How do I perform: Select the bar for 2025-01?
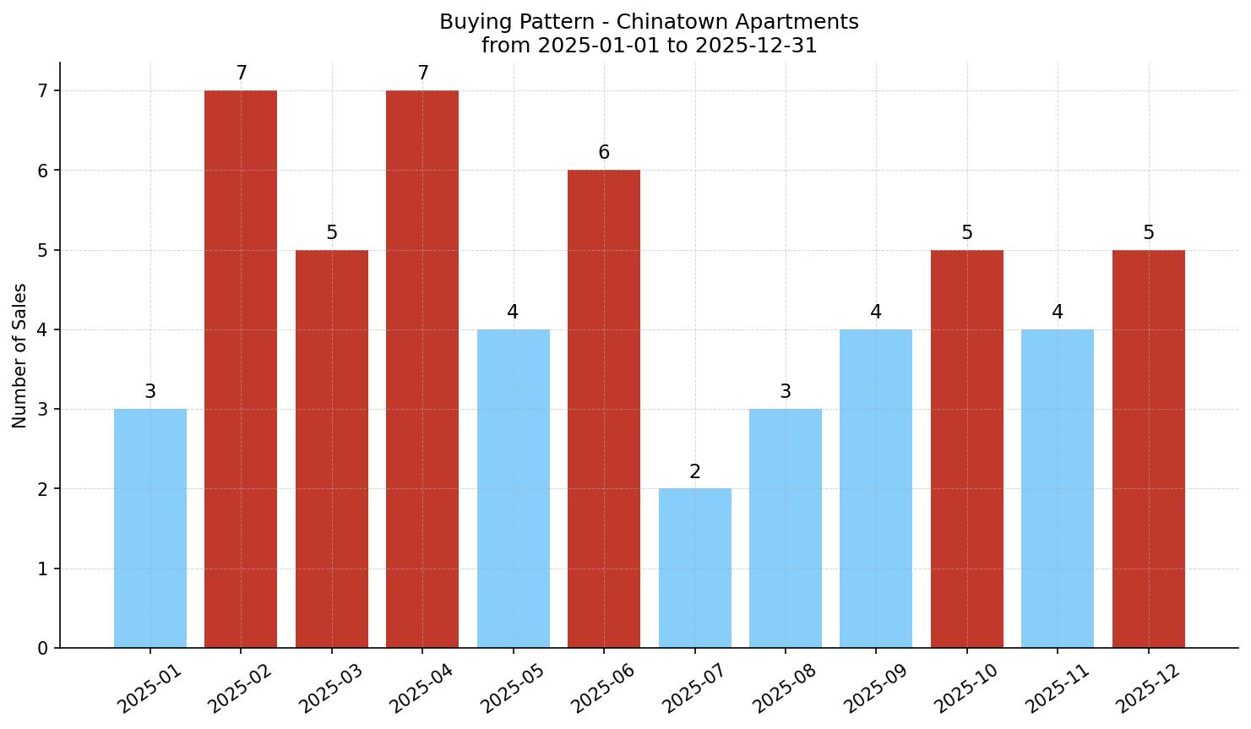click(150, 528)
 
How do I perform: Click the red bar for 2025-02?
click(241, 369)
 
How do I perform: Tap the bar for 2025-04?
click(422, 369)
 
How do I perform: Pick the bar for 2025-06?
click(604, 409)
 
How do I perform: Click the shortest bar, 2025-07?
click(694, 568)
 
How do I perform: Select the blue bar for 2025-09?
click(876, 488)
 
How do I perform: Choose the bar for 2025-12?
click(1148, 449)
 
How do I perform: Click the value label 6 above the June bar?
click(604, 153)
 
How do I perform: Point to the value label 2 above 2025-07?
click(694, 472)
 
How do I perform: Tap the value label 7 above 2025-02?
click(241, 73)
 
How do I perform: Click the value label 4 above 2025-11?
click(1058, 313)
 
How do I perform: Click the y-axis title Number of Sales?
click(20, 356)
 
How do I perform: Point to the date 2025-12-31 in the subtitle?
click(755, 46)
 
